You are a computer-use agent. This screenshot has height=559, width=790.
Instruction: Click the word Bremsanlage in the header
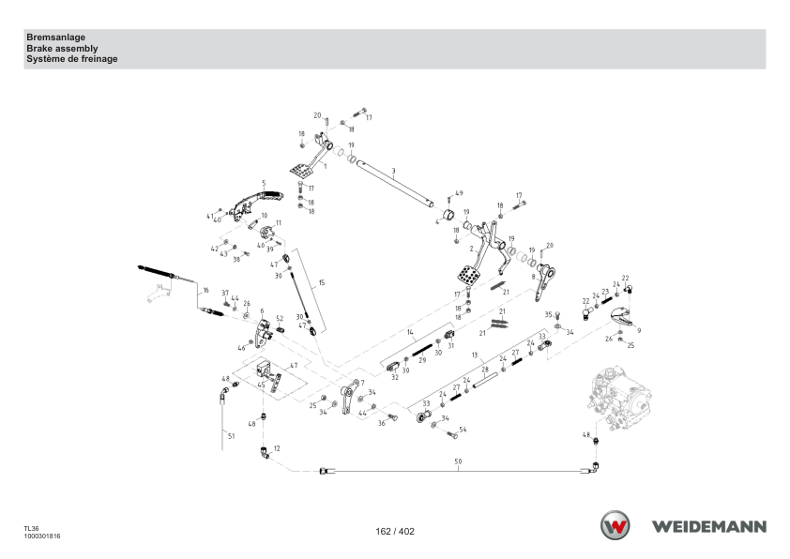56,38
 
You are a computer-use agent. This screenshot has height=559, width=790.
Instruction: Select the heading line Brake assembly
62,49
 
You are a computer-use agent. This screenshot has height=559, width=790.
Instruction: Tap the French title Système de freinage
72,59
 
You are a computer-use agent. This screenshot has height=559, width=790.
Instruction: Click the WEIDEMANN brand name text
709,527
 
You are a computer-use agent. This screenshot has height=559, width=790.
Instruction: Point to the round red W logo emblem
615,525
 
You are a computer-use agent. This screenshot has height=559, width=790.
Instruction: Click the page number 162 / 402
395,531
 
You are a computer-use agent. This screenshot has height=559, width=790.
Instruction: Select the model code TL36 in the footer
31,529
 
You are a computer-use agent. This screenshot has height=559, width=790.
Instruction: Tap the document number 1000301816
42,536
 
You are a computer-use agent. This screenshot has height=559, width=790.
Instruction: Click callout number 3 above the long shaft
393,172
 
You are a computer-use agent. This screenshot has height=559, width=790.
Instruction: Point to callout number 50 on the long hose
458,461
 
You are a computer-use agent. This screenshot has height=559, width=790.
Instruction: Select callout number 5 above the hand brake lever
264,183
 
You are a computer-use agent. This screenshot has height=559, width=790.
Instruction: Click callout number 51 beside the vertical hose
231,436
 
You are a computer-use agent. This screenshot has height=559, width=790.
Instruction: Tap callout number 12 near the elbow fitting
277,448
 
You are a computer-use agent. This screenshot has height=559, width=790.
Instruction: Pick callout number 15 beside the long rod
322,282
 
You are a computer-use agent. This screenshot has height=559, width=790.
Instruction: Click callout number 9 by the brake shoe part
639,330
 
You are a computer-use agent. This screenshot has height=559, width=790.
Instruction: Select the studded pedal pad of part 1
301,170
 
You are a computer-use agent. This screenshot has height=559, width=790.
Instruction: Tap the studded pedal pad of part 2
468,275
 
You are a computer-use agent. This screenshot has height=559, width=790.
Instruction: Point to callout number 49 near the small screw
459,193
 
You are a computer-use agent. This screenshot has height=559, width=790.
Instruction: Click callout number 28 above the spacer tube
485,370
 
